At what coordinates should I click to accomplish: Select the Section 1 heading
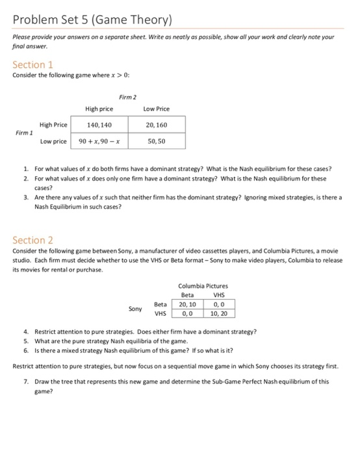pyautogui.click(x=33, y=64)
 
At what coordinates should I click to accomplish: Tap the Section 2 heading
pyautogui.click(x=34, y=240)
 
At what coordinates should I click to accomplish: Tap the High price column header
pyautogui.click(x=99, y=109)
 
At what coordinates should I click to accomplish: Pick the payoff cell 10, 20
pyautogui.click(x=219, y=313)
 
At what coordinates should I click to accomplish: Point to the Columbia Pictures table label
pyautogui.click(x=203, y=286)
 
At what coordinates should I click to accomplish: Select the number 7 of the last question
pyautogui.click(x=25, y=381)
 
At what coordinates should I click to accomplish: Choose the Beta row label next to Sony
pyautogui.click(x=160, y=304)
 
